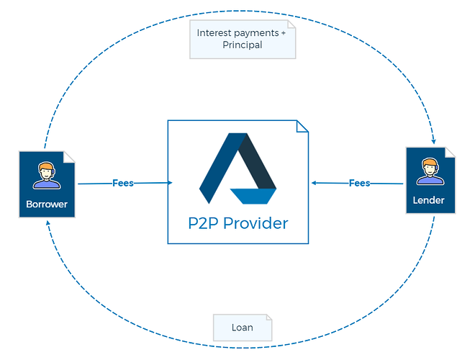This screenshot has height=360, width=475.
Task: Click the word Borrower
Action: (47, 204)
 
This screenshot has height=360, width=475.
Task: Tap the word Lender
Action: (428, 200)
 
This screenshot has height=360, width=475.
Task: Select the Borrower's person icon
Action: (47, 176)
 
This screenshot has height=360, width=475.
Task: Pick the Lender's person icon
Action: (430, 171)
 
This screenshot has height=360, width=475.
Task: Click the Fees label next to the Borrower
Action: (123, 183)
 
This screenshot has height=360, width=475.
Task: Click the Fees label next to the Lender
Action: (359, 183)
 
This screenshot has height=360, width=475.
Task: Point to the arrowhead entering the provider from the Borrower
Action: (171, 182)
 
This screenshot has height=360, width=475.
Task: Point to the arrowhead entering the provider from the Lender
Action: (314, 183)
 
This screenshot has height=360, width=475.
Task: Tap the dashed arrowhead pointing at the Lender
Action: (434, 141)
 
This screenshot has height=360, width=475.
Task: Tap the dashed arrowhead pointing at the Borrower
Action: (48, 223)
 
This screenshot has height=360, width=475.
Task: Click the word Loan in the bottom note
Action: (243, 328)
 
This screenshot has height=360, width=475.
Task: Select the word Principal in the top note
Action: (243, 45)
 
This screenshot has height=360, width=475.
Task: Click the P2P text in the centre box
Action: (204, 223)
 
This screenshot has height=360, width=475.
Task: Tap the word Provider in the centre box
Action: (255, 223)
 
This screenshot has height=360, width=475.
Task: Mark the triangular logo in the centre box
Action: (237, 168)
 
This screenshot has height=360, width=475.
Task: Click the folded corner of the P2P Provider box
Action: (302, 127)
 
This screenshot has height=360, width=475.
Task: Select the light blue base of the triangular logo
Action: (253, 196)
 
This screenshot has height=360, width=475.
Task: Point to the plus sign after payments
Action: (284, 32)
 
